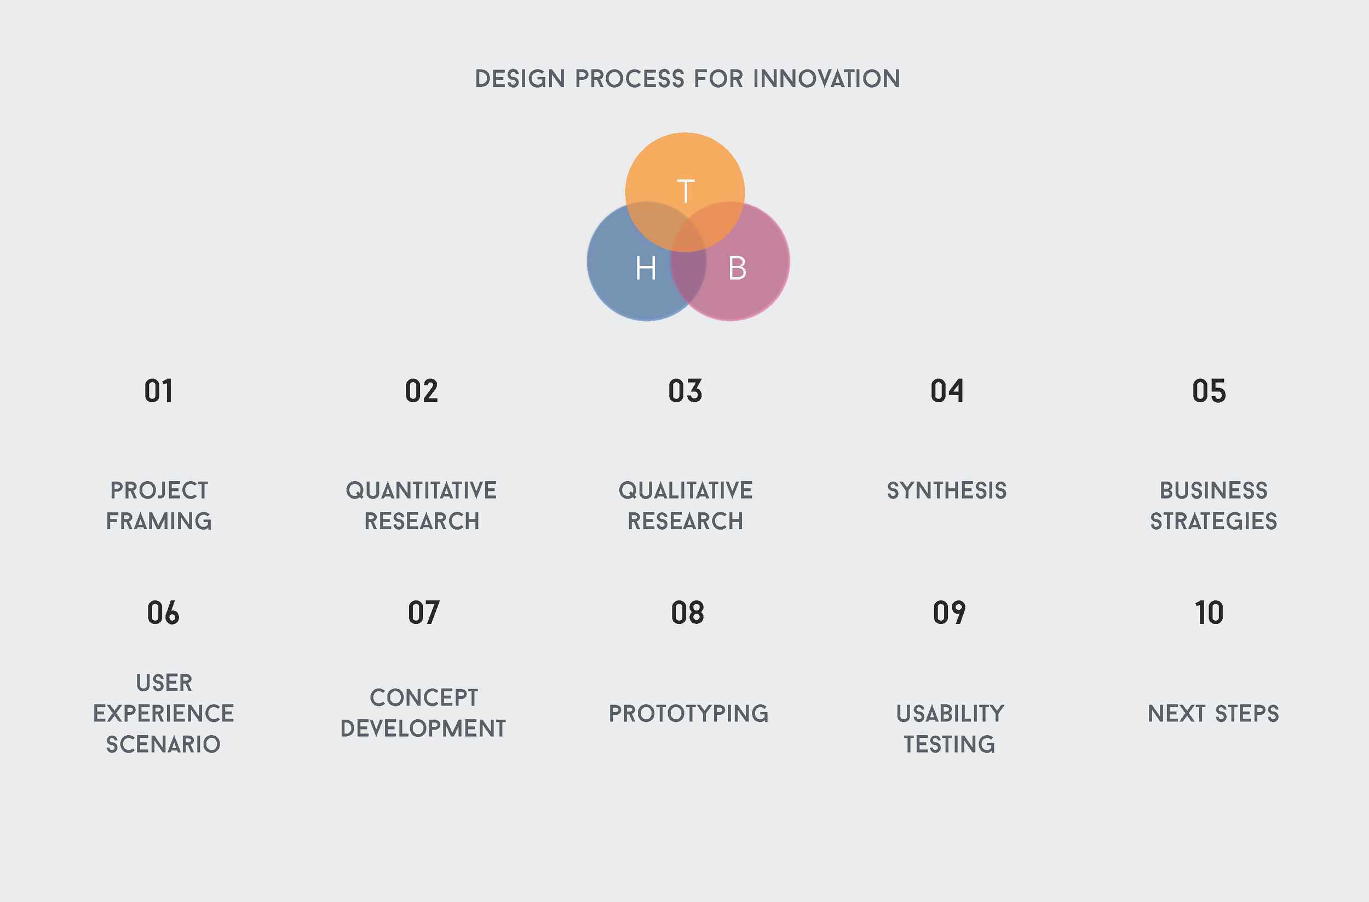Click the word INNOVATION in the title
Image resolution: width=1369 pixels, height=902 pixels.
click(x=826, y=79)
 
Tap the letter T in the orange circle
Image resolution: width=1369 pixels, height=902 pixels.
click(x=686, y=191)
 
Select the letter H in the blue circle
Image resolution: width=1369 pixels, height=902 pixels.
click(x=646, y=268)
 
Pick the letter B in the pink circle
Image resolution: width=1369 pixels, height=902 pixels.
click(x=737, y=268)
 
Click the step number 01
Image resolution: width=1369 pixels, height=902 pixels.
click(x=159, y=391)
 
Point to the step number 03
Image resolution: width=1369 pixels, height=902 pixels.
click(x=685, y=391)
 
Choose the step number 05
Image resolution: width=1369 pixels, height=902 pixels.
click(x=1209, y=391)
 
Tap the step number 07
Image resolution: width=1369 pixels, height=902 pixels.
click(x=423, y=612)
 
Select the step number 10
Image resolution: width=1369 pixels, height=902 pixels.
click(x=1209, y=612)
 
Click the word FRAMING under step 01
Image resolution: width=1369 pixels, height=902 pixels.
click(x=159, y=521)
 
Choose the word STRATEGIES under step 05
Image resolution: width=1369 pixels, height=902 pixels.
click(x=1213, y=521)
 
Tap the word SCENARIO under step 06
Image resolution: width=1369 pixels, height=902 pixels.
click(x=163, y=744)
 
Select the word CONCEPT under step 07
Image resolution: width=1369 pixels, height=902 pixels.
click(x=423, y=698)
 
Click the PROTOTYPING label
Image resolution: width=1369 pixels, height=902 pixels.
click(x=688, y=714)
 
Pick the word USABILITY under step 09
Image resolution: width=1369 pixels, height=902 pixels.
click(x=950, y=714)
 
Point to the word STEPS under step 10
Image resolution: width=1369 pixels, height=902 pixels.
click(x=1247, y=714)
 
